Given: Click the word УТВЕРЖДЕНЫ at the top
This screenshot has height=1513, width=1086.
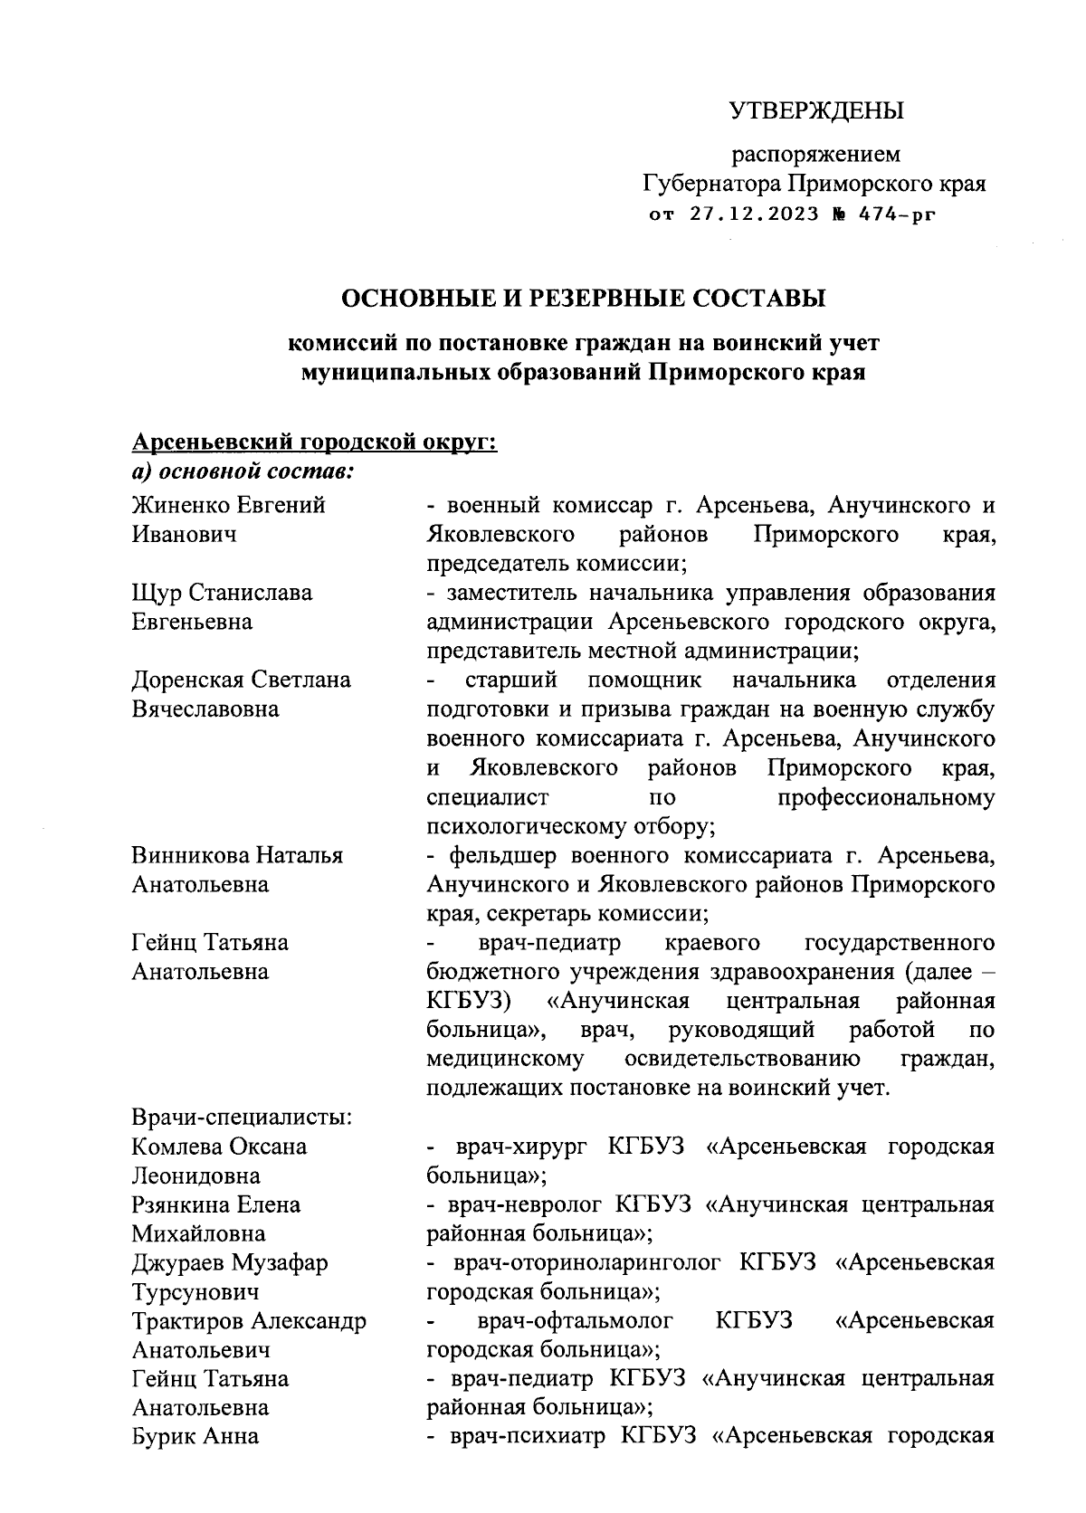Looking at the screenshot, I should click(816, 111).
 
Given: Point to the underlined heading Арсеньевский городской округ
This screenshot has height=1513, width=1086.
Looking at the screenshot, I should click(315, 442).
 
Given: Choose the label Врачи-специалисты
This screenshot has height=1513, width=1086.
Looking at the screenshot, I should click(242, 1117).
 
